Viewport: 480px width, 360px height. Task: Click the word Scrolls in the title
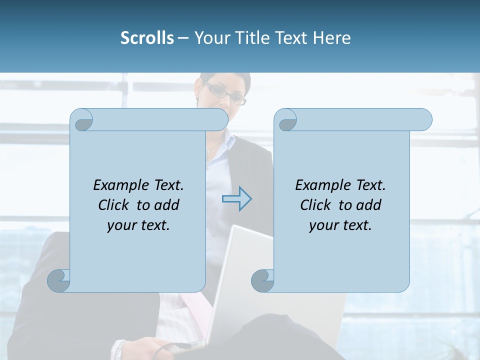point(147,38)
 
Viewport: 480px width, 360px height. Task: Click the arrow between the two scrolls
point(237,199)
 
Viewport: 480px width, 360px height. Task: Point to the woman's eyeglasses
point(224,93)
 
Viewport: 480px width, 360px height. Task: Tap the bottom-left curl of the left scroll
point(59,280)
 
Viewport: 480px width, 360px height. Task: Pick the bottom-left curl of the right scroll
point(262,280)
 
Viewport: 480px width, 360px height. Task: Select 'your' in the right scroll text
point(322,225)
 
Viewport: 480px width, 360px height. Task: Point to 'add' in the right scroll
point(369,205)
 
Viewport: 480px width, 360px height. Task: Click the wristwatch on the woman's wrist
point(119,349)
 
